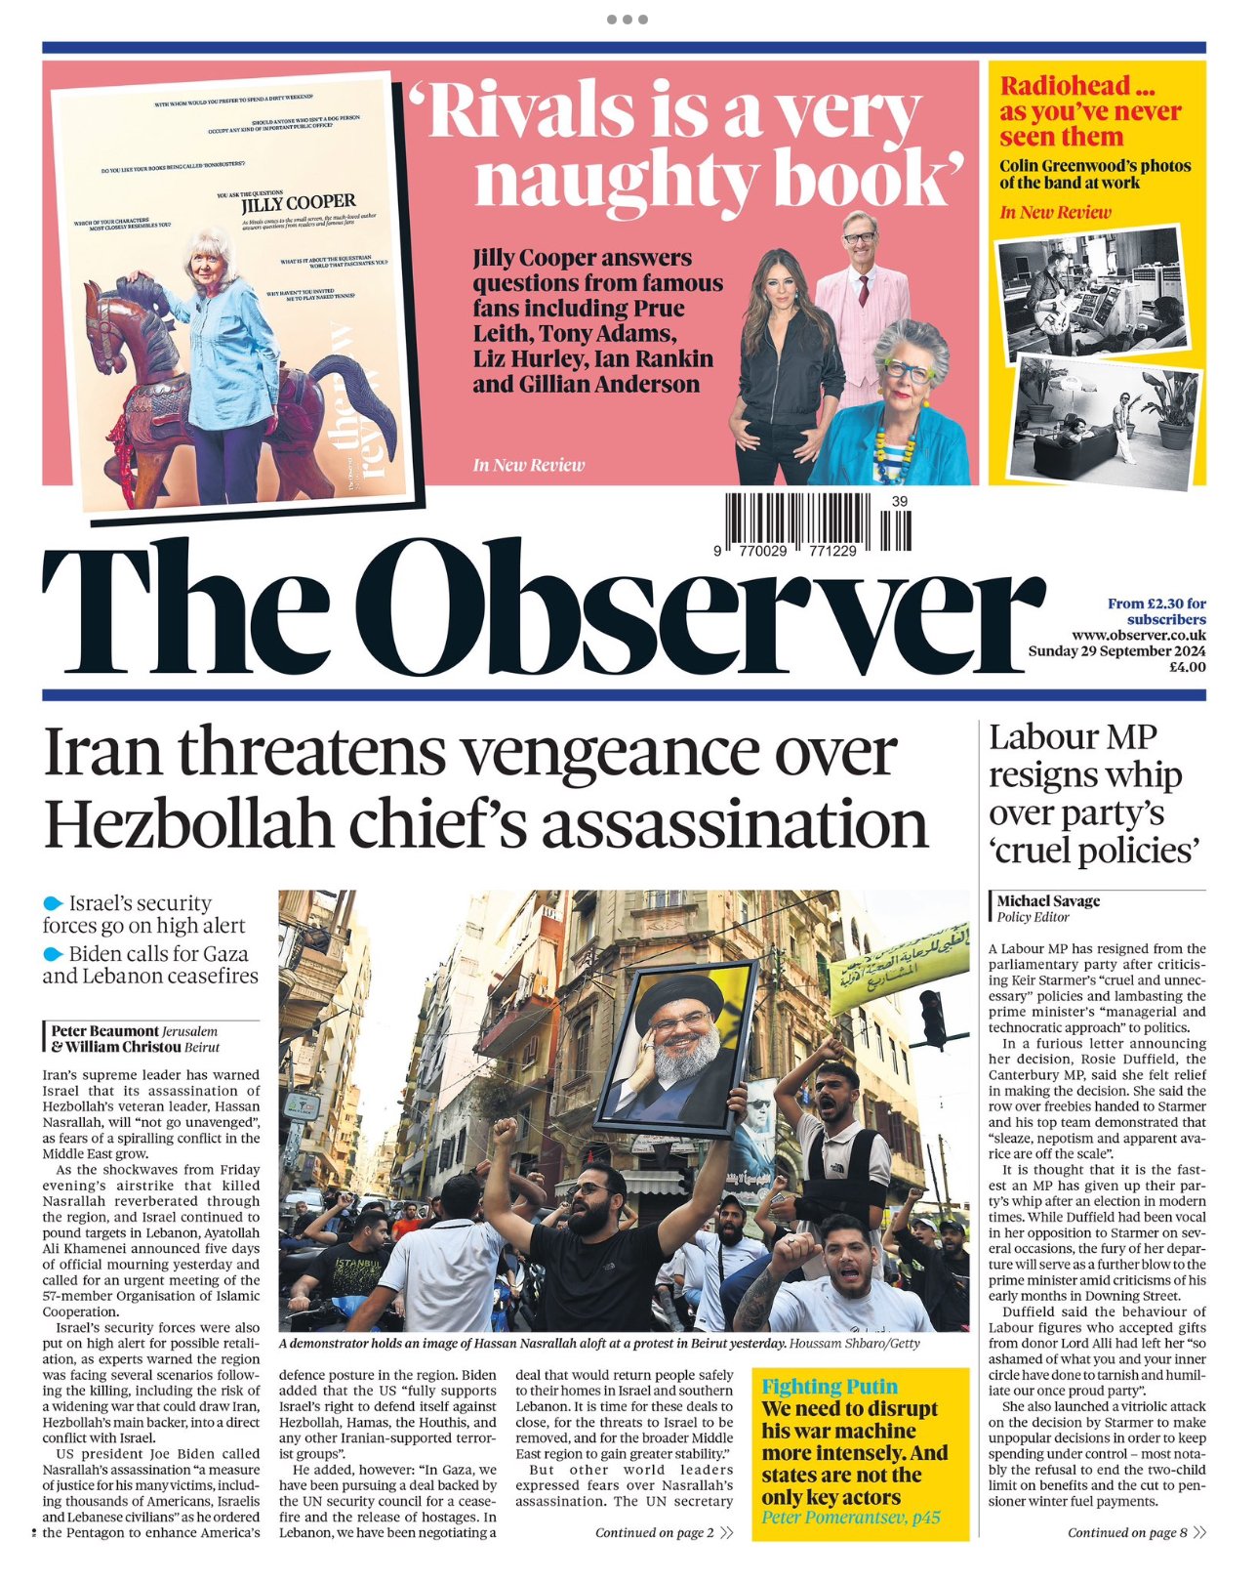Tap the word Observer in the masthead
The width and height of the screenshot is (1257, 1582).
[x=699, y=610]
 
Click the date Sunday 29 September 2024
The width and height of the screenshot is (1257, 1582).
[x=1116, y=651]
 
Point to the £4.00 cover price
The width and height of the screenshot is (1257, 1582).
[x=1188, y=667]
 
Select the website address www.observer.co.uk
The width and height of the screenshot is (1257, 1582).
[x=1138, y=636]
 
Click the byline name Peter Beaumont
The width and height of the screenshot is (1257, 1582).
[x=104, y=1031]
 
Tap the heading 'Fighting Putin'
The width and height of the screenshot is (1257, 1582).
[x=830, y=1387]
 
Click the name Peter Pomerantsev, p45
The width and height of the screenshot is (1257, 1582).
[x=851, y=1518]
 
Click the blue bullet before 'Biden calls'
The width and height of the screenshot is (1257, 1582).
[x=53, y=953]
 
